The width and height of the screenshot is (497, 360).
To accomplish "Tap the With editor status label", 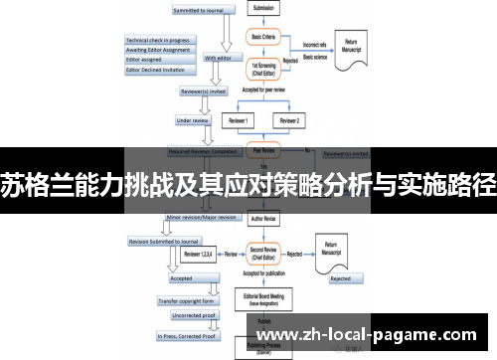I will pos(224,58).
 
